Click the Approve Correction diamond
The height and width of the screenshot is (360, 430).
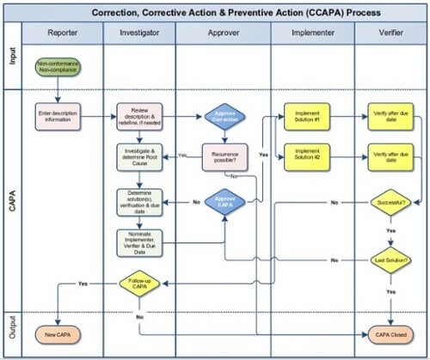coord(224,118)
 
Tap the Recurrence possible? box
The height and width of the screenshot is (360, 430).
coord(224,156)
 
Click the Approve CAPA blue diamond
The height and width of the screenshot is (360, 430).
coord(224,202)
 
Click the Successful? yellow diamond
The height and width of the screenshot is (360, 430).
coord(388,203)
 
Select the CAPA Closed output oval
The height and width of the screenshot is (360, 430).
coord(388,333)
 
